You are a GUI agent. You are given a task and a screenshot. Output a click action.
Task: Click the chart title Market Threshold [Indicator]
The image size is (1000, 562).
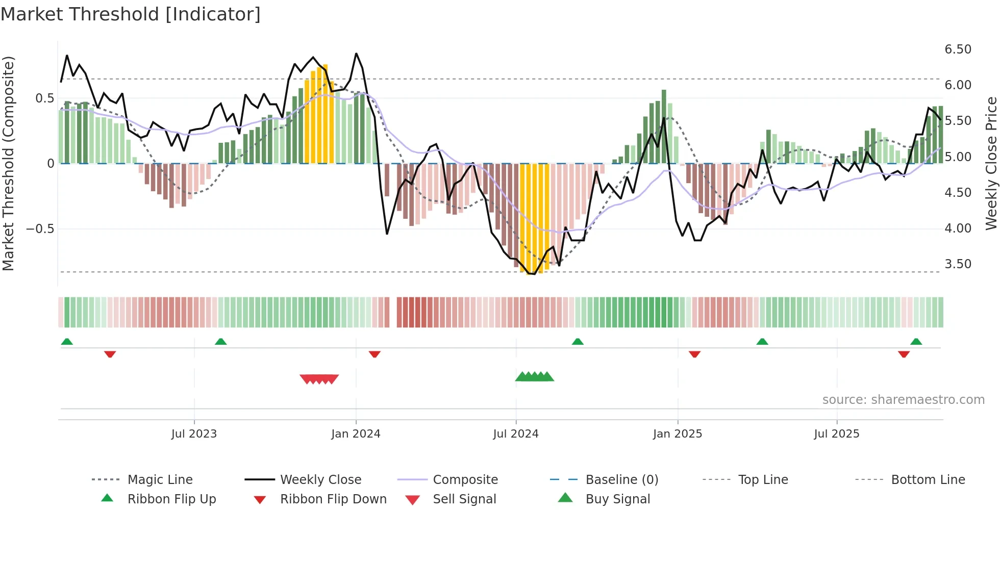(x=131, y=14)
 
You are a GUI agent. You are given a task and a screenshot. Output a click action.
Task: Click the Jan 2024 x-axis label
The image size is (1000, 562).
(x=356, y=434)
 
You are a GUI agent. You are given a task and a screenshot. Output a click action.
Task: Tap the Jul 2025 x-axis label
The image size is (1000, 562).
(x=836, y=434)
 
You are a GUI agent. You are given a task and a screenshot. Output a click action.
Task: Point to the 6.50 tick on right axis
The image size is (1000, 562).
(x=958, y=49)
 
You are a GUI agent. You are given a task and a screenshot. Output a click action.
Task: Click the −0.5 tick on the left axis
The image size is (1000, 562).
(x=40, y=229)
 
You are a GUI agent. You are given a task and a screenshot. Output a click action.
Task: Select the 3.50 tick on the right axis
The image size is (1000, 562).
(x=958, y=264)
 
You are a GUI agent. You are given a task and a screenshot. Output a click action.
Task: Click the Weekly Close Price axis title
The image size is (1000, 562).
(x=991, y=163)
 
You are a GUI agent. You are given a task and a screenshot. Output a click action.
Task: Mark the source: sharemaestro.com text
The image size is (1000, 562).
(x=903, y=400)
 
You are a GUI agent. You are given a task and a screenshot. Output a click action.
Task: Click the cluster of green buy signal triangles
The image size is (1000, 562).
(x=534, y=377)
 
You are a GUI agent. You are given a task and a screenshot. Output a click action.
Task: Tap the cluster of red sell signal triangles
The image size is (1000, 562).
(x=319, y=379)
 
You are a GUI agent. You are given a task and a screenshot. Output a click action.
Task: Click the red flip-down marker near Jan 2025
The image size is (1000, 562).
(x=694, y=354)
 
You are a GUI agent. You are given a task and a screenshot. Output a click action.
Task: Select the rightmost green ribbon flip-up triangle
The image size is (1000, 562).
(x=916, y=342)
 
